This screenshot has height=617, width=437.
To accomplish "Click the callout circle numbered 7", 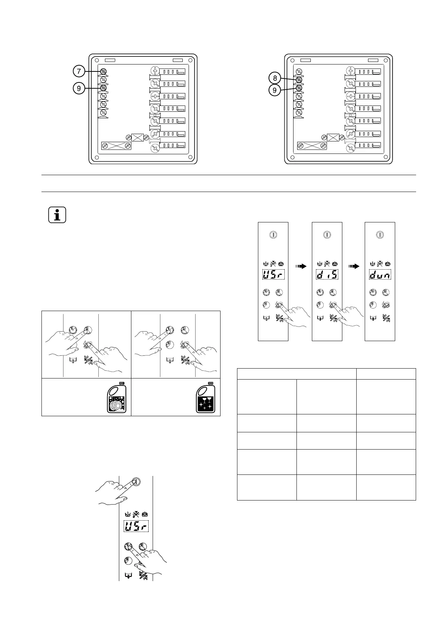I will [x=79, y=71].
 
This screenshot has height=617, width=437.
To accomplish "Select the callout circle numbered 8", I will [x=274, y=78].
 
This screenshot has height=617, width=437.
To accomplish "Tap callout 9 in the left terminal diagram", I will [x=79, y=88].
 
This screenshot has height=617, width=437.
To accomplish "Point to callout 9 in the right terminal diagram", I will [x=274, y=90].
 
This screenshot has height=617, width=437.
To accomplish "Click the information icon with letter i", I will [x=57, y=215].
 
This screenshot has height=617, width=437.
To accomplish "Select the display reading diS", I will [x=327, y=274].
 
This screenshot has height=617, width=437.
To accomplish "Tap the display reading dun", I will [x=380, y=274].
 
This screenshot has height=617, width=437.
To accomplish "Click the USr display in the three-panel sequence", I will [x=273, y=274].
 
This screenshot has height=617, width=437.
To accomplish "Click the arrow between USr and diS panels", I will [x=301, y=266].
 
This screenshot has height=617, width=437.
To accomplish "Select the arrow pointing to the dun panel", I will [x=353, y=266].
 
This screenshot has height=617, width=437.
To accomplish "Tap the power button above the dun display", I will [x=380, y=235].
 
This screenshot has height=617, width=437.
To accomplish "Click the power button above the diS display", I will [x=327, y=235].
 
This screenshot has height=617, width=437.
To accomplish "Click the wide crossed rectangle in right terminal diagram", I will [x=312, y=146].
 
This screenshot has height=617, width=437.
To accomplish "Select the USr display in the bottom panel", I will [x=136, y=527].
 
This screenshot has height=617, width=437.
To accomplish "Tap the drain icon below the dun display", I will [x=373, y=318].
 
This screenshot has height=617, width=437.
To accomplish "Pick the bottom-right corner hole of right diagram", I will [x=386, y=158].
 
